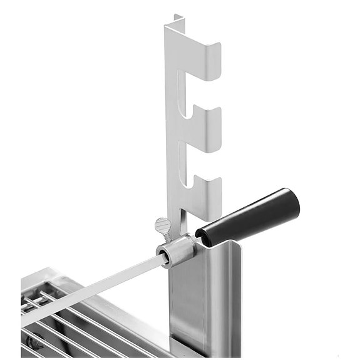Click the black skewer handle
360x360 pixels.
coord(250,217)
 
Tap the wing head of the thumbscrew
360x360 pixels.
coord(163,224)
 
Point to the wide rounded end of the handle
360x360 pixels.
coord(288,200)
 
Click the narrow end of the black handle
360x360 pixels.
coord(203,234)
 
